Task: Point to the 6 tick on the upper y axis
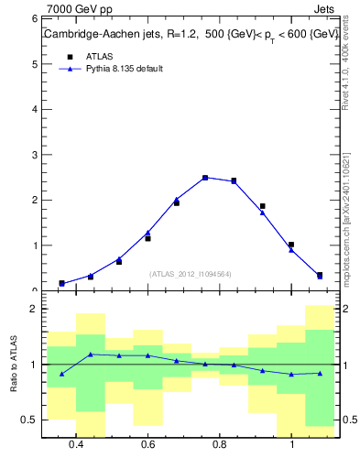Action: coord(33,18)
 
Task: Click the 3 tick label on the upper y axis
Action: coord(33,155)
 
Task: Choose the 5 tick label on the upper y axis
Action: coord(33,64)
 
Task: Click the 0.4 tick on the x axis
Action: coord(77,445)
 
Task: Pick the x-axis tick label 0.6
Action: coord(148,445)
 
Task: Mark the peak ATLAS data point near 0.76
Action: coord(205,178)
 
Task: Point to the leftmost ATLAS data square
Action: coord(61,283)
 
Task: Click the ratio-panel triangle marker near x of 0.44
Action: coord(91,354)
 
